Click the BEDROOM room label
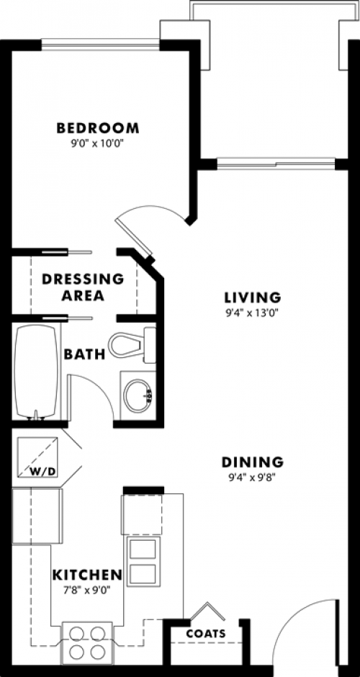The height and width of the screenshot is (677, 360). [98, 128]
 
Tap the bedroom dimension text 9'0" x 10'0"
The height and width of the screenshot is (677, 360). [98, 143]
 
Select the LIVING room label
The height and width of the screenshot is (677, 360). [253, 297]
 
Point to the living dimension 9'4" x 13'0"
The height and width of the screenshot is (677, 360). [253, 312]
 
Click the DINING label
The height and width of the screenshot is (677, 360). [253, 462]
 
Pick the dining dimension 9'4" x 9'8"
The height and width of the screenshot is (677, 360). [253, 477]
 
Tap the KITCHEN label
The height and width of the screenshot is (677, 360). [87, 575]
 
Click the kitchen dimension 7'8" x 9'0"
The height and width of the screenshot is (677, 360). [87, 589]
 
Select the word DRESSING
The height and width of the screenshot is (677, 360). [83, 279]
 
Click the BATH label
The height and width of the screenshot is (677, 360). [85, 354]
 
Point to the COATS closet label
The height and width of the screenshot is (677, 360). [206, 634]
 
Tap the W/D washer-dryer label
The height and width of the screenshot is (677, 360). [43, 471]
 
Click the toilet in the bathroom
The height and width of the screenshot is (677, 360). [132, 345]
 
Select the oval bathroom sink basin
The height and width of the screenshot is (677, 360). [138, 395]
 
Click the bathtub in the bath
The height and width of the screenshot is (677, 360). [36, 372]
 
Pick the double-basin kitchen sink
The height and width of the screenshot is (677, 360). [143, 560]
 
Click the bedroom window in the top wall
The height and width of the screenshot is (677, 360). [101, 45]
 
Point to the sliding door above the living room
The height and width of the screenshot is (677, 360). [276, 163]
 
